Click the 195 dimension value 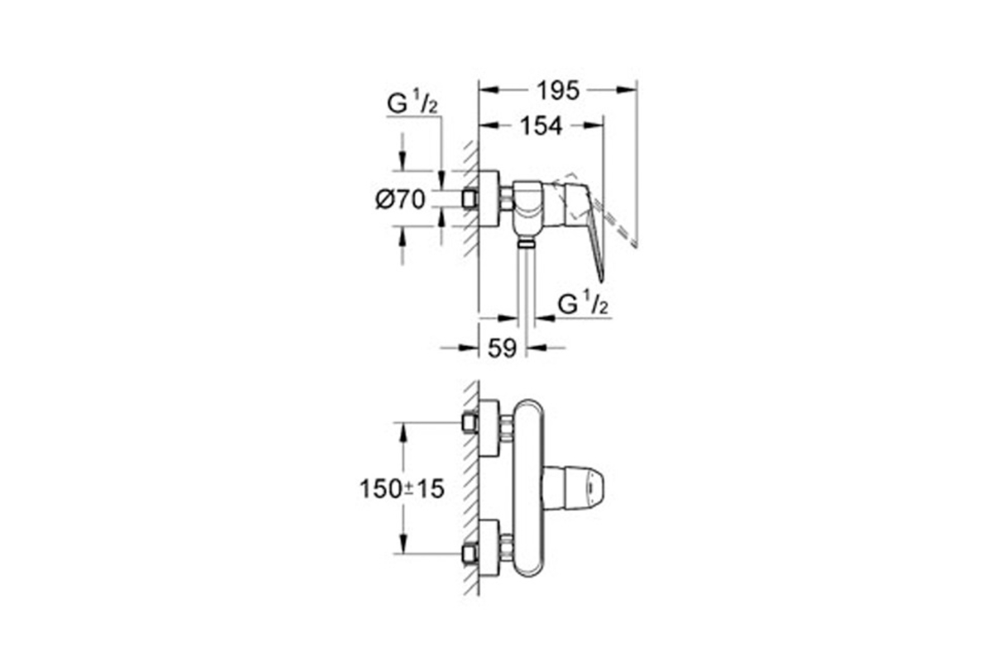point(558,91)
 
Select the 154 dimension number point(541,126)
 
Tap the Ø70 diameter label point(400,199)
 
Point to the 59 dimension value point(503,349)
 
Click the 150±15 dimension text point(402,489)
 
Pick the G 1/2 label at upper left point(413,103)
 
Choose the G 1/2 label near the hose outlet point(583,304)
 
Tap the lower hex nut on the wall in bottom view point(470,554)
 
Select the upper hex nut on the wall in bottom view point(470,423)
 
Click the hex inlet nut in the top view point(470,199)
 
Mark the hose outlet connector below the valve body point(526,242)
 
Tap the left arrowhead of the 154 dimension point(489,126)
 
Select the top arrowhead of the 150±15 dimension point(403,434)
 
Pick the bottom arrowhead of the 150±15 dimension point(403,543)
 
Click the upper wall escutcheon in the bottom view point(489,428)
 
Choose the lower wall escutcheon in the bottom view point(489,548)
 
